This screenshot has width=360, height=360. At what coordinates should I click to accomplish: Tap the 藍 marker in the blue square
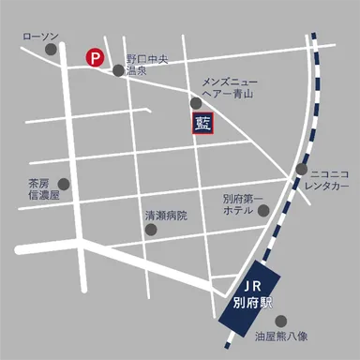[202, 122]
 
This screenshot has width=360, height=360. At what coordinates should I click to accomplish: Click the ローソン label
[39, 37]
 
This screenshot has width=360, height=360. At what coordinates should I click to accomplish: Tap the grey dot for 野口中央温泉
[118, 69]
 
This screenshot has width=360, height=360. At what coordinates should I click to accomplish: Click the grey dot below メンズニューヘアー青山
[195, 103]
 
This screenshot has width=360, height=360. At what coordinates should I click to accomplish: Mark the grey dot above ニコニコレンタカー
[302, 170]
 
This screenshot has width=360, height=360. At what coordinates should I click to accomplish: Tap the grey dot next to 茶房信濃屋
[64, 184]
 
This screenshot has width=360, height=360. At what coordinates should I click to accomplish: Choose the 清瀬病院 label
[165, 215]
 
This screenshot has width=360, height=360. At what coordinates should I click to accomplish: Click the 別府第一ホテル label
[244, 205]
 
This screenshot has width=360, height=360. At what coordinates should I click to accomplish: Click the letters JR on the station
[251, 284]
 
